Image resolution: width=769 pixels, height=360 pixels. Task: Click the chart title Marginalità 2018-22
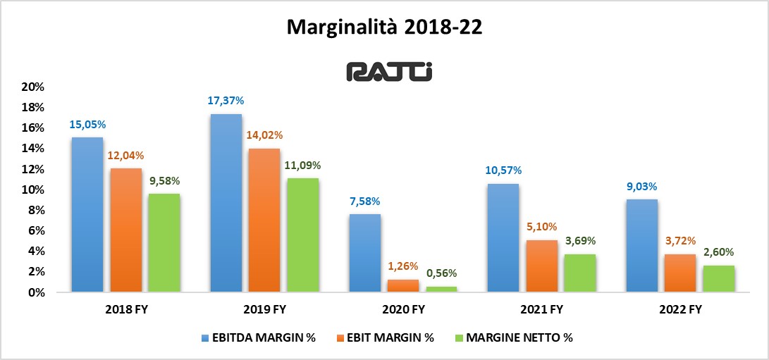pyautogui.click(x=384, y=27)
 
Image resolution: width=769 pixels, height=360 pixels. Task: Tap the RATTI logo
pyautogui.click(x=385, y=72)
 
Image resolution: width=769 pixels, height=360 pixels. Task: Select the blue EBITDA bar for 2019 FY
pyautogui.click(x=226, y=203)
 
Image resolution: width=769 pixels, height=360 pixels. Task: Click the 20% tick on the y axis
pyautogui.click(x=34, y=87)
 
